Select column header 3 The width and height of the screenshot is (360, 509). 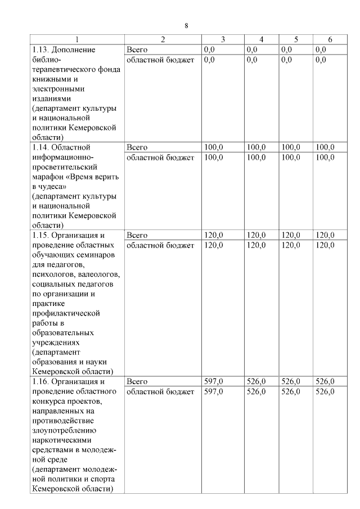tap(223, 39)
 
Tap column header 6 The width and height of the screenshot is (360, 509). tap(330, 39)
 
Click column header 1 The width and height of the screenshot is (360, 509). tap(78, 39)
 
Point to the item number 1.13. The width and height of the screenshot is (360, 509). tap(42, 50)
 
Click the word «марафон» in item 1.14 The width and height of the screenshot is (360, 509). tap(51, 177)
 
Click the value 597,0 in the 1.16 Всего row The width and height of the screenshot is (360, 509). tap(213, 381)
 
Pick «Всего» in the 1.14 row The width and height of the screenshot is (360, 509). tap(137, 147)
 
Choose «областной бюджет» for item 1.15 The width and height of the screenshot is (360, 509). tap(160, 245)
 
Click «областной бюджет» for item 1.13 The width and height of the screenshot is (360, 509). tap(160, 60)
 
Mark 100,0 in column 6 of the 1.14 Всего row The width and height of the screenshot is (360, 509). tap(325, 147)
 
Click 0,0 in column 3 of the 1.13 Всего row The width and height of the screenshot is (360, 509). tap(209, 50)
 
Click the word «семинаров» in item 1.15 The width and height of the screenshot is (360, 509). tap(97, 255)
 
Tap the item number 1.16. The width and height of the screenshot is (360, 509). tap(42, 381)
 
